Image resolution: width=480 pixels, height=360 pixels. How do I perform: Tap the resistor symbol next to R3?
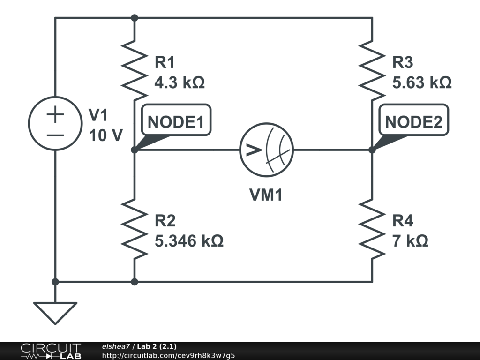(x=372, y=70)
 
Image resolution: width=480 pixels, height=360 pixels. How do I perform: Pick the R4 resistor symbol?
(x=372, y=229)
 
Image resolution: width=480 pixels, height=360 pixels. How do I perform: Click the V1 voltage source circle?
(x=55, y=124)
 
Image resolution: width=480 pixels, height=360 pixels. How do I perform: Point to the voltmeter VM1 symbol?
(x=266, y=150)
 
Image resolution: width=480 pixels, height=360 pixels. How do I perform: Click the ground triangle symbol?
(x=55, y=312)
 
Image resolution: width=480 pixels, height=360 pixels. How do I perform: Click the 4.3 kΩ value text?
(x=180, y=83)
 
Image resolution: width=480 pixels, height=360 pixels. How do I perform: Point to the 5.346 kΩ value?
(x=189, y=241)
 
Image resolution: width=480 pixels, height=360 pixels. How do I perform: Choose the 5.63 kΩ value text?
(x=422, y=83)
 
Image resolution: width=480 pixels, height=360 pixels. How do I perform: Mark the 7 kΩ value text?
(x=410, y=241)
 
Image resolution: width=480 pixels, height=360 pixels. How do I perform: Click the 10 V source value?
(x=105, y=135)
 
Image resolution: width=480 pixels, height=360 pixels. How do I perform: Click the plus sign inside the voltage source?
(x=55, y=114)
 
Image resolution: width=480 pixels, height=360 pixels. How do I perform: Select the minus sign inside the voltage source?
(x=55, y=135)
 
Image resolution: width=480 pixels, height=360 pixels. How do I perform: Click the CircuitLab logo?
(x=51, y=351)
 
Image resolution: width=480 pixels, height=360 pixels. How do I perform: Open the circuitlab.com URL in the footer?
(x=168, y=355)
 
